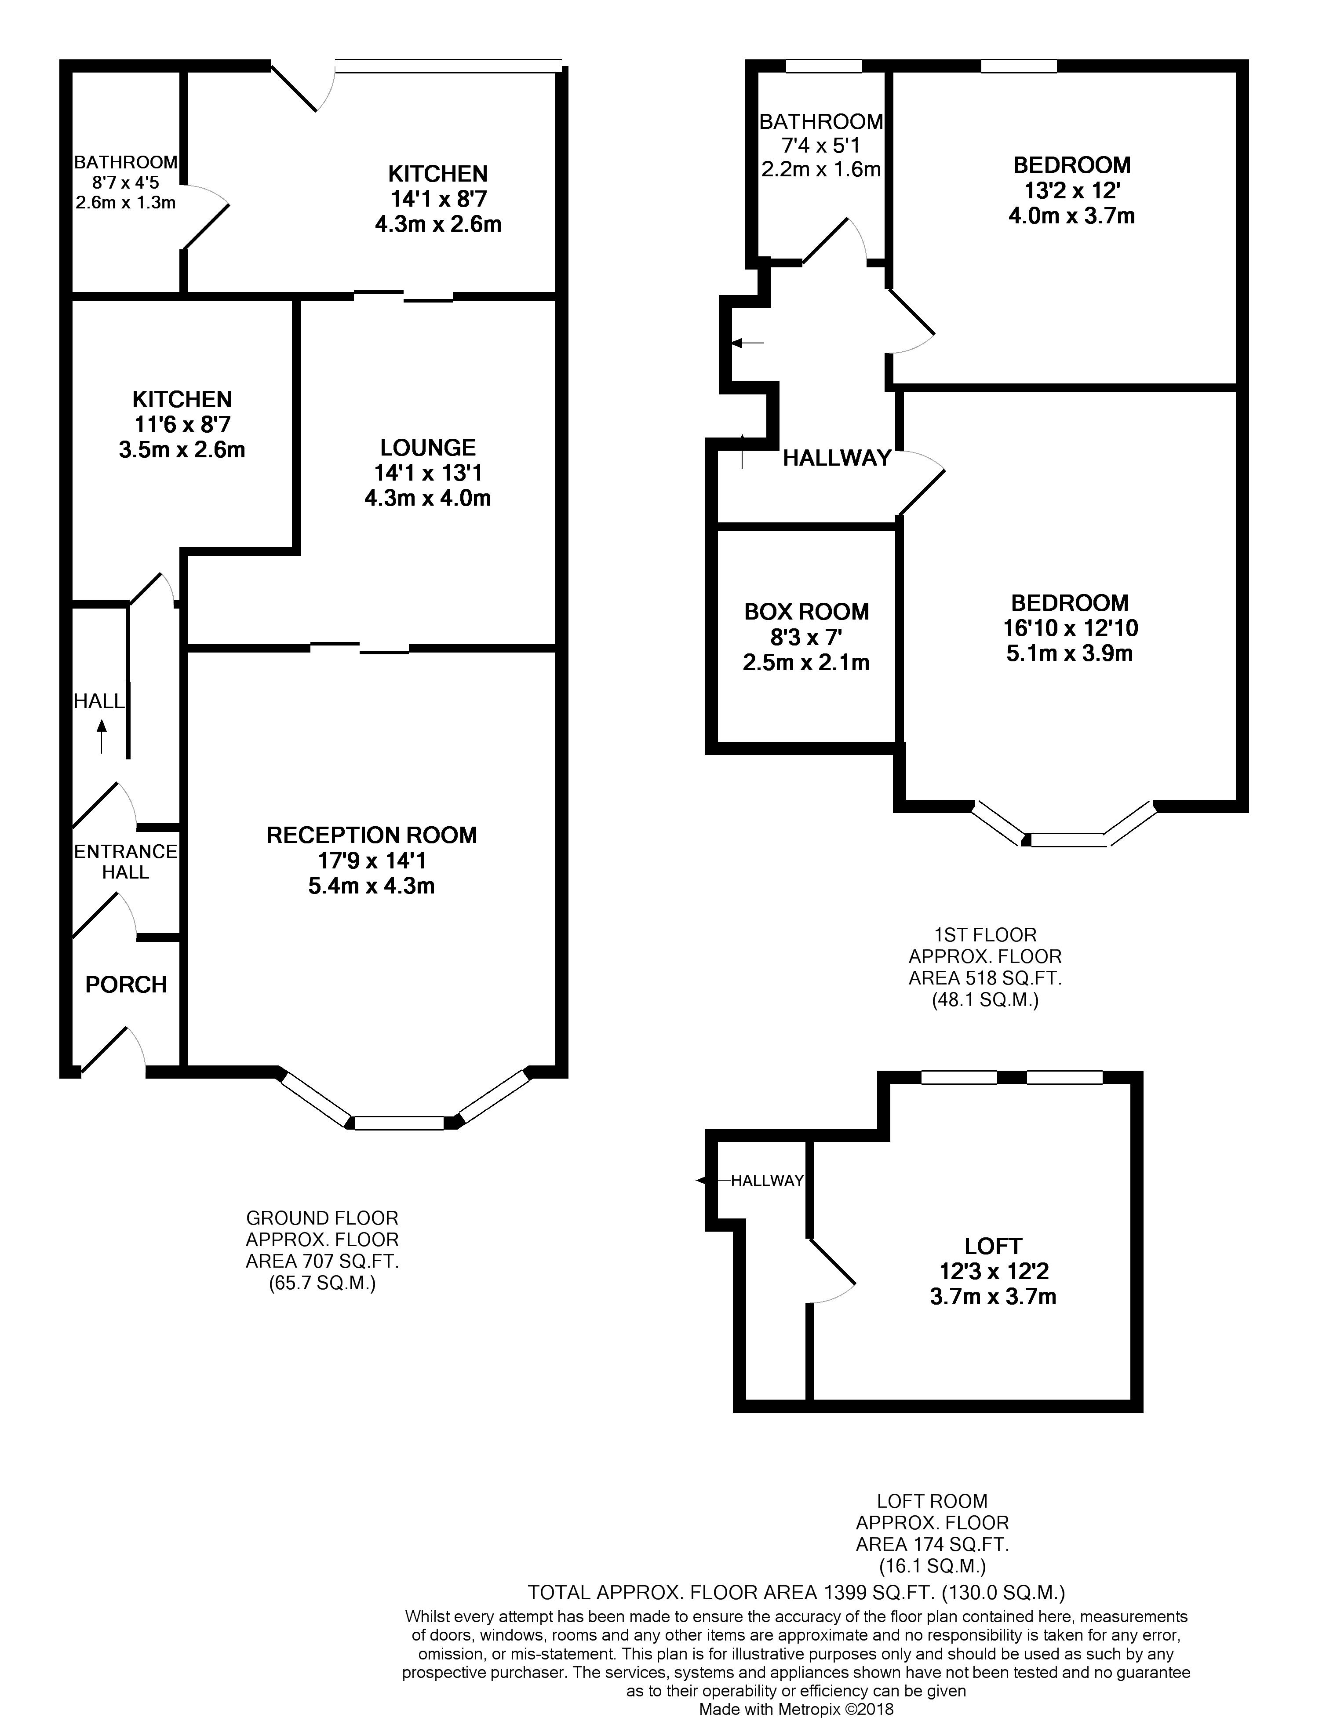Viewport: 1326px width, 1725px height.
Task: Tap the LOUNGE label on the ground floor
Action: pyautogui.click(x=428, y=448)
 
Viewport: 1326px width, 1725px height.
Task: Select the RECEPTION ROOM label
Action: pyautogui.click(x=372, y=835)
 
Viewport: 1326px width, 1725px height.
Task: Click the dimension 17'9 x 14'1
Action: pyautogui.click(x=372, y=861)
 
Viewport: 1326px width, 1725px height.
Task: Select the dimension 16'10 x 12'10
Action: pyautogui.click(x=1070, y=628)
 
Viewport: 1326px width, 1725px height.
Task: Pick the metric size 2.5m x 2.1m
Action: pyautogui.click(x=806, y=662)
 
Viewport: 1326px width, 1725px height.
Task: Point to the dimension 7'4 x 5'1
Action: pyautogui.click(x=821, y=145)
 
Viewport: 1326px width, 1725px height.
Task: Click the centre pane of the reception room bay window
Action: pyautogui.click(x=399, y=1123)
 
